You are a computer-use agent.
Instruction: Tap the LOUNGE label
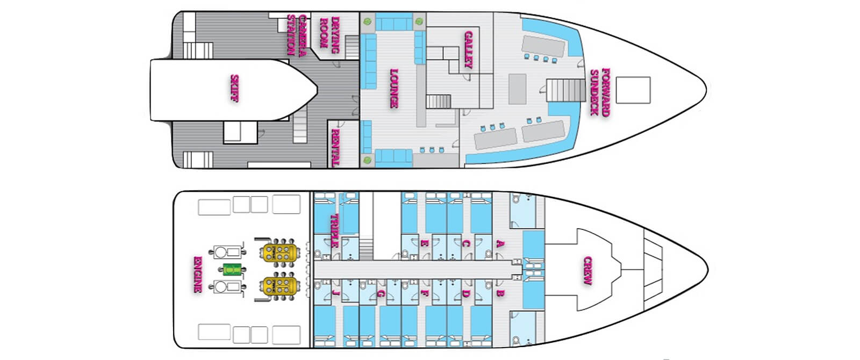[394, 88]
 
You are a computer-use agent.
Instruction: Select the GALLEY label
[468, 49]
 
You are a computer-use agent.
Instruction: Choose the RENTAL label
[336, 147]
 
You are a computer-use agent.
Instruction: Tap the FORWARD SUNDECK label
[600, 91]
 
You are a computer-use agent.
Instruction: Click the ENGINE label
[197, 274]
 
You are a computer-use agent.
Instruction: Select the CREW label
[587, 271]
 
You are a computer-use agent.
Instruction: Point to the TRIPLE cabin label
[334, 230]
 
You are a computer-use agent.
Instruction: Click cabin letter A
[500, 243]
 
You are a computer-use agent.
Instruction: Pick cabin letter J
[336, 293]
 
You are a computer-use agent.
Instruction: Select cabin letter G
[381, 293]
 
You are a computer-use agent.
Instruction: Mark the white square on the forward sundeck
[633, 90]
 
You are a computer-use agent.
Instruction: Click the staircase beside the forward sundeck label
[566, 90]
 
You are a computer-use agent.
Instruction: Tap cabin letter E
[425, 243]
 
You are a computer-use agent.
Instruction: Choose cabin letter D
[466, 293]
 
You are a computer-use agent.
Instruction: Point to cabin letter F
[425, 293]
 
